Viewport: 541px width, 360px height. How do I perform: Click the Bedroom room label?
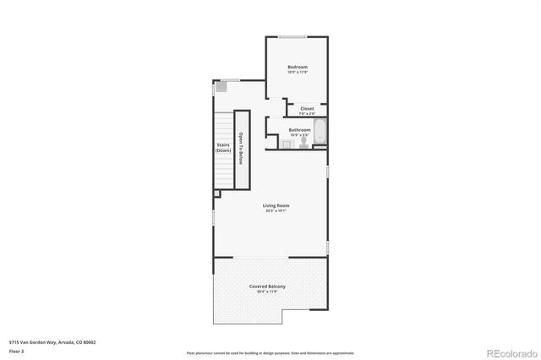point(297,67)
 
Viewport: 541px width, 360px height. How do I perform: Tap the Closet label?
point(307,108)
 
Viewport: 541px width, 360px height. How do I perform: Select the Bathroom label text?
point(299,129)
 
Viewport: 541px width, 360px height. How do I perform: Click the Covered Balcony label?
point(267,286)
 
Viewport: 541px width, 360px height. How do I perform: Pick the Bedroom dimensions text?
point(297,73)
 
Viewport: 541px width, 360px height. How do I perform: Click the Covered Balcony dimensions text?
point(267,292)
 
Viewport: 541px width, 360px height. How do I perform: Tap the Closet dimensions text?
point(307,113)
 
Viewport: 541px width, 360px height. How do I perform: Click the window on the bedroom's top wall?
point(293,37)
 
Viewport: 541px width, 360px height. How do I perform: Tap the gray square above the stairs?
point(222,86)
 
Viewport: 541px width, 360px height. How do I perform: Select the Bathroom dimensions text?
point(299,135)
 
